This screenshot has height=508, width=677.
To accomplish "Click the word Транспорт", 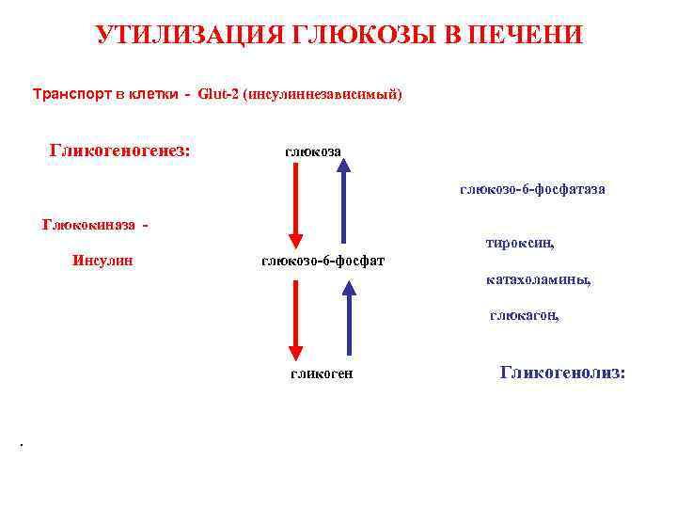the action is pos(71,95).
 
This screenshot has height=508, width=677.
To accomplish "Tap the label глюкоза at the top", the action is pos(313,151).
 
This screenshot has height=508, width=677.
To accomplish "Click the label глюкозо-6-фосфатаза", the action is pos(532,189).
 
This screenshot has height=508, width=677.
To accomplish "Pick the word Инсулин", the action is pos(102,260).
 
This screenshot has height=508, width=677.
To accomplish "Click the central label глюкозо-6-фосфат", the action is pos(323,260).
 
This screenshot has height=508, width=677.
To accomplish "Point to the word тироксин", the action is pos(520,243).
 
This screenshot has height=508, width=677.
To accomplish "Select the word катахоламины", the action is pos(539,279).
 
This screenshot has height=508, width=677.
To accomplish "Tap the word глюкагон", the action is pos(524,316).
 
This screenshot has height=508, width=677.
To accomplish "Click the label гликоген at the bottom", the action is pos(321,373).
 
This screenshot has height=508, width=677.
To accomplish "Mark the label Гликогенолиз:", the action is pos(562,373).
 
